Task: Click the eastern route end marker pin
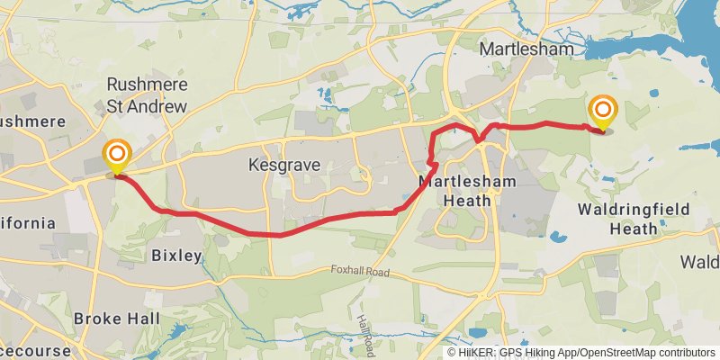(x=602, y=112)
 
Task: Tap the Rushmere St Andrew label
(x=147, y=95)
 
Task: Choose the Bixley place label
(x=176, y=256)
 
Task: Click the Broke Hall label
(x=117, y=319)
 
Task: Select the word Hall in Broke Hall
(x=142, y=319)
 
